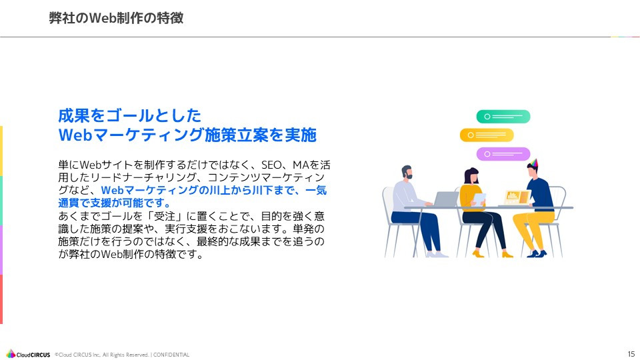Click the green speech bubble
click(x=503, y=117)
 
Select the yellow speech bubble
click(x=487, y=135)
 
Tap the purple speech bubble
click(x=503, y=154)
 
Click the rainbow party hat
click(x=532, y=164)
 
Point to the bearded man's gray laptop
click(x=445, y=199)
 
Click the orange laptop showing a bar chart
click(x=517, y=197)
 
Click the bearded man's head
click(x=407, y=173)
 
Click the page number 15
click(x=631, y=353)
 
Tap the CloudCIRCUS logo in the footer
click(x=28, y=354)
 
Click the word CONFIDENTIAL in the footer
click(x=172, y=355)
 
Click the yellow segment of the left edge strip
click(x=1, y=151)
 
